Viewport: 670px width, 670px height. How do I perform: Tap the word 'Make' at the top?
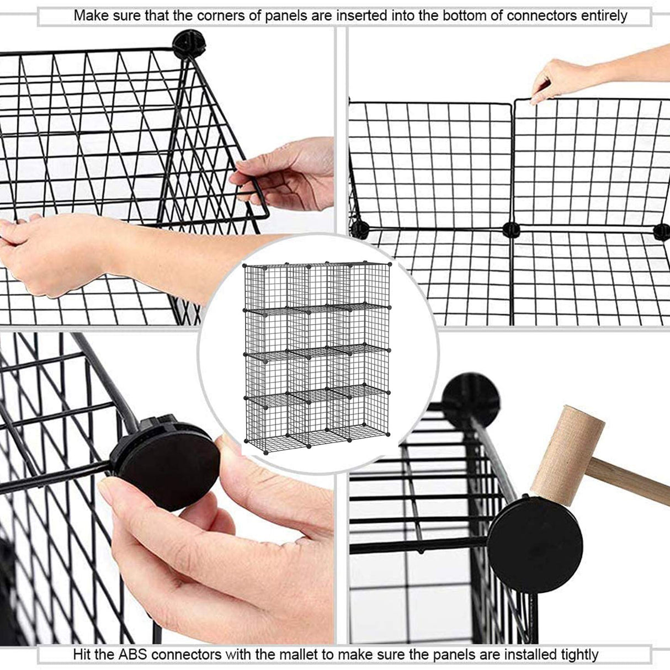pos(91,15)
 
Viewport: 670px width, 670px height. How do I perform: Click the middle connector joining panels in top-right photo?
pos(511,229)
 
